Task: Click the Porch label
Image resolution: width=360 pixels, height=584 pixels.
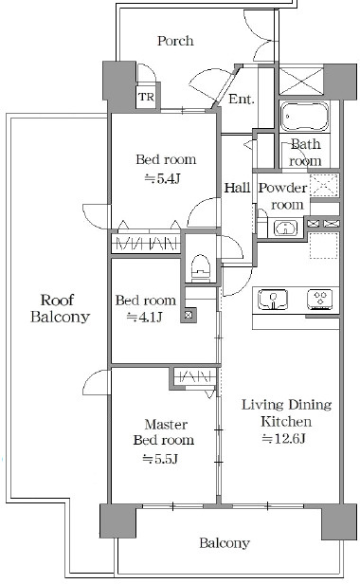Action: [x=175, y=41]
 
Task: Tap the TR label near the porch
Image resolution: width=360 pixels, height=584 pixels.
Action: [x=146, y=98]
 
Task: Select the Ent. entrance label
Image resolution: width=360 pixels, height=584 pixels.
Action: [x=242, y=99]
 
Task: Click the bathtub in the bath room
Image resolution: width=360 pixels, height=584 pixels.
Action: [x=304, y=117]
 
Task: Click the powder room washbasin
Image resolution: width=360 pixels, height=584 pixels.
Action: [x=285, y=228]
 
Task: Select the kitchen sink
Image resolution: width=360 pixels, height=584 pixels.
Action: [x=274, y=300]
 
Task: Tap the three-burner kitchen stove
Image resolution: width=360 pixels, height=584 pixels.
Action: [x=320, y=300]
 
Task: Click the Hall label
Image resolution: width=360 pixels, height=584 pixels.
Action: [x=237, y=188]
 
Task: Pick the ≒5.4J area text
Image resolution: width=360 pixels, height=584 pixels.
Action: [x=163, y=179]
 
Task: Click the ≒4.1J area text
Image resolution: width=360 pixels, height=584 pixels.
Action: [x=144, y=318]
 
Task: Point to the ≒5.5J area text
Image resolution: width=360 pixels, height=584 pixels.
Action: [x=160, y=459]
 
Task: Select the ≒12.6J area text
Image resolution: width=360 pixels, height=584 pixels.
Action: [x=284, y=439]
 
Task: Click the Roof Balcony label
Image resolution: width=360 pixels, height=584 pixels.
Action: [x=60, y=308]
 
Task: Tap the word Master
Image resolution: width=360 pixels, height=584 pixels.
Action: [x=166, y=424]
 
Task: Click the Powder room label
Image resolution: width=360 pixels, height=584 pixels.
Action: [x=283, y=196]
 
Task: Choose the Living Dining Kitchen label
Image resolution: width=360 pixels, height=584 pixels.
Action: [x=286, y=413]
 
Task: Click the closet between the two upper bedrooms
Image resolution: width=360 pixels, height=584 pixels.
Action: [x=146, y=244]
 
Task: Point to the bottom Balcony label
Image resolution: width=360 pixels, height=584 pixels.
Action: [x=225, y=543]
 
